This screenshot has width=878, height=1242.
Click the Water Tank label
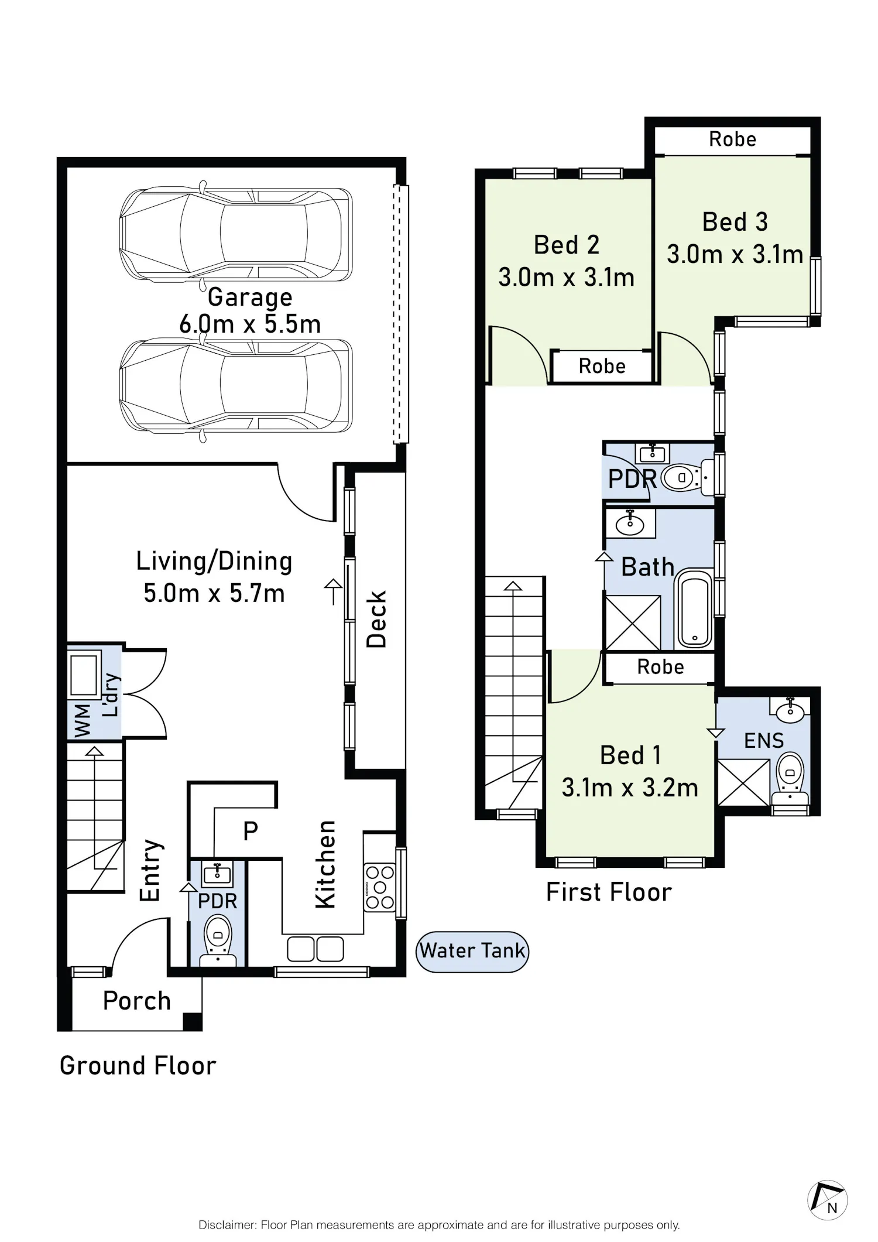pos(472,950)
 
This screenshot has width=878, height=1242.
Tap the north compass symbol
pos(828,1200)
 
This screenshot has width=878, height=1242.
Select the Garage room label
pos(250,297)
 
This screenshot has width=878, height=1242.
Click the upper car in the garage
pos(236,232)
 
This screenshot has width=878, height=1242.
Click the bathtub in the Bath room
pos(694,609)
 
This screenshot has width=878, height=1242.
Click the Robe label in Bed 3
pos(732,139)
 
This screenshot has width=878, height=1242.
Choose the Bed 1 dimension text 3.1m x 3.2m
pos(630,788)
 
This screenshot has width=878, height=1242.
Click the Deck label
pos(376,619)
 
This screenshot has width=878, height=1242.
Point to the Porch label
pos(137,1001)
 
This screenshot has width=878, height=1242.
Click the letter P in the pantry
pos(251,831)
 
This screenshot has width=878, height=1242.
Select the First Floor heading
pos(609,892)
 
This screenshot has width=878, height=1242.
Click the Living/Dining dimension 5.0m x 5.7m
pos(214,593)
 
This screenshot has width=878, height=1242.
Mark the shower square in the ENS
pos(743,782)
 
